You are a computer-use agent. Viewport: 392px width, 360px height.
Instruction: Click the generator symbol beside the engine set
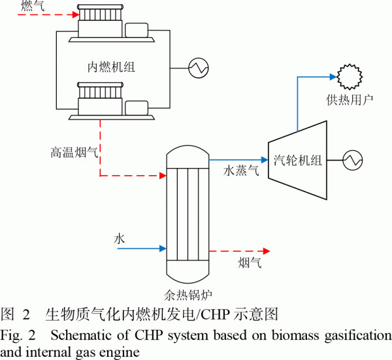click(x=197, y=67)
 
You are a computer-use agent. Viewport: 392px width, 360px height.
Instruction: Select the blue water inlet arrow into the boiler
click(x=140, y=248)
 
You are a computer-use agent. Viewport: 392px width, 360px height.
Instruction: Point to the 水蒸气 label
click(x=242, y=171)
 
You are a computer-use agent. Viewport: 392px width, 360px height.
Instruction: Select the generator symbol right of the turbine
click(x=353, y=159)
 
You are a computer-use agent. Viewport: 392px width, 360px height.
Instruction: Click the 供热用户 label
click(x=350, y=100)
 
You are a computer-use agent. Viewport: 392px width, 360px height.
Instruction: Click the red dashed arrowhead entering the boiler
click(x=162, y=175)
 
